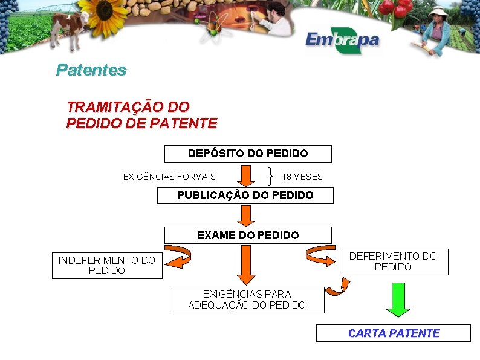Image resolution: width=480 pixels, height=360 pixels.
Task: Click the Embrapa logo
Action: coord(342,41)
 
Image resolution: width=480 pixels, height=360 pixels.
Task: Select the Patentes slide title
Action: coord(91,70)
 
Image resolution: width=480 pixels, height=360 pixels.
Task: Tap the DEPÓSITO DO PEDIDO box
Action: coord(248,154)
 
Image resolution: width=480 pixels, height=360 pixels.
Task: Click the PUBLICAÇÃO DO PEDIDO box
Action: coord(245,195)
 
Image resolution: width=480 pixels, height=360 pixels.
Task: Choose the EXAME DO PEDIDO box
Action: coord(248,235)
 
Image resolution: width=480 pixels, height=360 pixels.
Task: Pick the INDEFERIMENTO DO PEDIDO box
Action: coord(107,265)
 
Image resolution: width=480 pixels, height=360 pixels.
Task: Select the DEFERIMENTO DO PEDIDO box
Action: coord(393,261)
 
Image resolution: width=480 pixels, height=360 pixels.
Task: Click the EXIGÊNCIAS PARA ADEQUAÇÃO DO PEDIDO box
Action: coord(247,299)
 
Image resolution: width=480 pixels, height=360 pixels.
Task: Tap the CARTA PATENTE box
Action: coord(393,333)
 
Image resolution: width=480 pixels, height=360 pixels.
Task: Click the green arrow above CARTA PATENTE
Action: coord(398,299)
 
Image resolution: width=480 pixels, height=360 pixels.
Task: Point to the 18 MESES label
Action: coord(302,177)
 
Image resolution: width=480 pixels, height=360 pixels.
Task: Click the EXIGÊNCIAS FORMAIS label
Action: coord(169,177)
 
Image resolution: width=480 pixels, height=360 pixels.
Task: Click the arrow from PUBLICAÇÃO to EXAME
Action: coord(245,215)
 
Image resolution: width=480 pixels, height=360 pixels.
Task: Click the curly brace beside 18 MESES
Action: coord(270,176)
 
